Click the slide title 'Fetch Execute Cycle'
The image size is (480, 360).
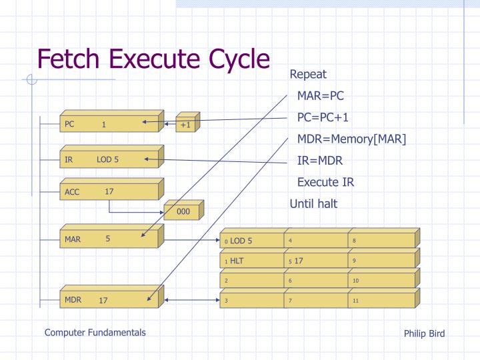[153, 59]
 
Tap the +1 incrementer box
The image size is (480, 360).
[185, 125]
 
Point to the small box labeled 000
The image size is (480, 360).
[183, 212]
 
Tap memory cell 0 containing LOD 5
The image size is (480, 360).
[251, 241]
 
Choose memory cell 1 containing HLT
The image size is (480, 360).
[251, 261]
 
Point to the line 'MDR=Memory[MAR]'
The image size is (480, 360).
[351, 139]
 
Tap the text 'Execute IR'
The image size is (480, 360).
[325, 182]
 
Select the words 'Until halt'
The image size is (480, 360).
[313, 204]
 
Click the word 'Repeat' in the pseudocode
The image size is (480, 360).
[308, 74]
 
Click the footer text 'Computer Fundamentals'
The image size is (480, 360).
[95, 332]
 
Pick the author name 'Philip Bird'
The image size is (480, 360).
[424, 333]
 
